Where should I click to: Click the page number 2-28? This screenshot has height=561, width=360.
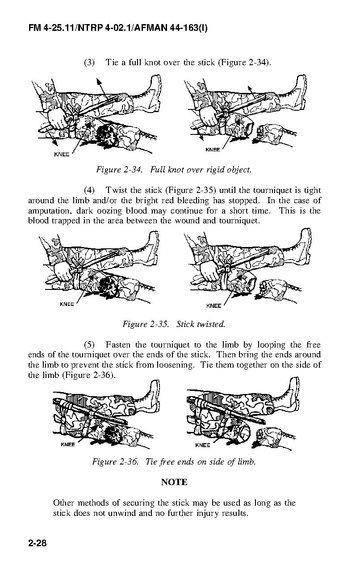click(x=38, y=543)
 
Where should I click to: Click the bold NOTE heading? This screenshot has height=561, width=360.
click(x=174, y=482)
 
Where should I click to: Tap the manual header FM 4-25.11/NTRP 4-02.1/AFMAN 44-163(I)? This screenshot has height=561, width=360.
click(x=118, y=28)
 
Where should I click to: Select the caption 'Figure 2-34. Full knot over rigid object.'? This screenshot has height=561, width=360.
click(x=174, y=169)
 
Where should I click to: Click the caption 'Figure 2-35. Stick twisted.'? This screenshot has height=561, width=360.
click(x=174, y=324)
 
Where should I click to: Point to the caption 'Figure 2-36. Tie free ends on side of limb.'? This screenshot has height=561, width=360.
click(x=174, y=462)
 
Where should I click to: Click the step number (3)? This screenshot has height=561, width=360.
click(x=89, y=63)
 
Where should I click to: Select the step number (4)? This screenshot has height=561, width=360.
click(x=89, y=190)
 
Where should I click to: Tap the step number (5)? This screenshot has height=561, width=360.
click(x=89, y=345)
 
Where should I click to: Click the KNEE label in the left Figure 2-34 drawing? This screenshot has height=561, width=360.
click(x=61, y=154)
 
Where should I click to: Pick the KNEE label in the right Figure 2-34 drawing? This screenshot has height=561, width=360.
click(x=213, y=150)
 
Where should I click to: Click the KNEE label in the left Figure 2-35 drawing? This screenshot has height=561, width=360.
click(x=67, y=304)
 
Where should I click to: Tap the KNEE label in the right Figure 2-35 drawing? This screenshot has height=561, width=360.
click(x=214, y=306)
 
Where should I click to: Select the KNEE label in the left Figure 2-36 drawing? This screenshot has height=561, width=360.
click(x=68, y=445)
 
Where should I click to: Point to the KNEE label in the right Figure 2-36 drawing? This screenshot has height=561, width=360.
click(x=203, y=445)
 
